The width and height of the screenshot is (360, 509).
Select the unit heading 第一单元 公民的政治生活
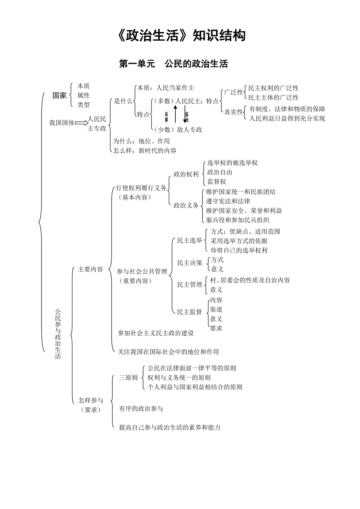173,64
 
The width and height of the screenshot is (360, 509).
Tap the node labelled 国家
60,95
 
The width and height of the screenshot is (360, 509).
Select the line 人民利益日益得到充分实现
287,118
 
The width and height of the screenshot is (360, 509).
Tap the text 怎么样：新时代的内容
145,151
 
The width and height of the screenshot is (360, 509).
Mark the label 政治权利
186,174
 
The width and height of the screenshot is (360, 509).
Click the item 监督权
217,182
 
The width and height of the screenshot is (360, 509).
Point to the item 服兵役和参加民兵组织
238,220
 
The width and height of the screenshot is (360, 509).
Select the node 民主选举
190,240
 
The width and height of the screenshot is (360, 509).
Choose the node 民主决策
190,263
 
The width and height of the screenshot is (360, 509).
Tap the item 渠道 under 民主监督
216,310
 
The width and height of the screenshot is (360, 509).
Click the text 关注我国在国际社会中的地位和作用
169,352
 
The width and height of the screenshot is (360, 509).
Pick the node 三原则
128,378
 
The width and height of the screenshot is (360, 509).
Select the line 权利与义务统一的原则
179,378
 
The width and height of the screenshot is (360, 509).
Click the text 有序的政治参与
141,409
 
